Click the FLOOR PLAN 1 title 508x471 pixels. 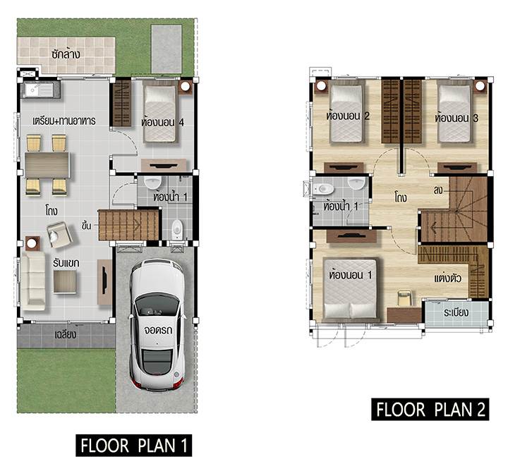(x=134, y=446)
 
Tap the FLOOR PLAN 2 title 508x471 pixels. (x=430, y=410)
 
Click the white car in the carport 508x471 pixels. (x=157, y=324)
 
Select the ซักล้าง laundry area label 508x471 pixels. (x=66, y=54)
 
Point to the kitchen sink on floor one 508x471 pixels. (x=40, y=89)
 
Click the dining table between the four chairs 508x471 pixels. (x=47, y=165)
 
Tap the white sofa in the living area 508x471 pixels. (x=32, y=281)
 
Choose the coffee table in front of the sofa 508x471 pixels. (x=65, y=282)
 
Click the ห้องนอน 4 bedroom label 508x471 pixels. (x=163, y=123)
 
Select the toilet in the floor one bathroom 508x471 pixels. (x=177, y=229)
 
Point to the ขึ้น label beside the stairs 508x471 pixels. (x=87, y=225)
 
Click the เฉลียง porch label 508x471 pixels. (x=66, y=334)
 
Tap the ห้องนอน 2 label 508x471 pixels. (x=348, y=116)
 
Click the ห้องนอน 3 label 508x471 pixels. (x=456, y=118)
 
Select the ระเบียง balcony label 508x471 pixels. (x=456, y=312)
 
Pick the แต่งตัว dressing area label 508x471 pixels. (x=448, y=278)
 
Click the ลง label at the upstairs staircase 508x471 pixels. (x=438, y=190)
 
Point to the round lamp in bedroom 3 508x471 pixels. (x=480, y=86)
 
